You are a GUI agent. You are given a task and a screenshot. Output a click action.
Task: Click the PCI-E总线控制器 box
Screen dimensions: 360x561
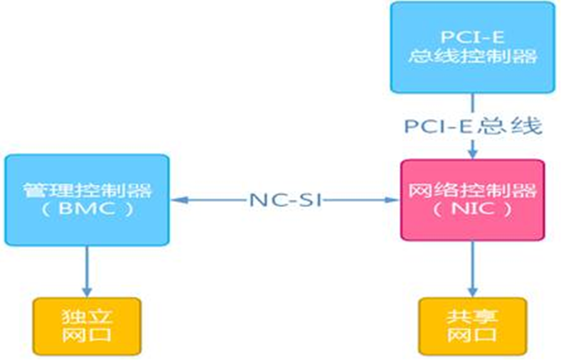tap(473, 47)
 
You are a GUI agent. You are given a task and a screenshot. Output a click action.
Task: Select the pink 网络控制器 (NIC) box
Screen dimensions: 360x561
tap(472, 199)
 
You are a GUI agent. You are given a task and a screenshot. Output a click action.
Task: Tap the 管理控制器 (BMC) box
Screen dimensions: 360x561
tap(87, 199)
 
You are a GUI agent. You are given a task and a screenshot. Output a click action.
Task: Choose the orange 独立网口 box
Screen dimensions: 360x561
tap(87, 325)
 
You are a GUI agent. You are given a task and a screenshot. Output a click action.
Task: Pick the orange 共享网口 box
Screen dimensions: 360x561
tap(473, 325)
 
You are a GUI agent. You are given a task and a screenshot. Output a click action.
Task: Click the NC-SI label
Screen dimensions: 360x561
tap(286, 200)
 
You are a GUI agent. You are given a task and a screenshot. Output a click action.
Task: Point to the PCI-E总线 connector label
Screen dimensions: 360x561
tap(473, 127)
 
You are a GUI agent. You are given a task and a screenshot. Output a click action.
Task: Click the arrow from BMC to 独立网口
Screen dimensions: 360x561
tap(87, 270)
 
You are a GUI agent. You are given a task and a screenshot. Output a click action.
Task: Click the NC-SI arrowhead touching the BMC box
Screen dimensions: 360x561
tap(176, 200)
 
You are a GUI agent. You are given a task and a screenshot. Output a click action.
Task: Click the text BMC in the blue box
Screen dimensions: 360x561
tap(87, 209)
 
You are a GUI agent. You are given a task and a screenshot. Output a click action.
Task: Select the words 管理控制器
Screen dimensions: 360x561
tap(87, 190)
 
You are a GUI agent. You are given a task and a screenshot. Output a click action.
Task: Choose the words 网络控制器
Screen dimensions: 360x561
tap(472, 190)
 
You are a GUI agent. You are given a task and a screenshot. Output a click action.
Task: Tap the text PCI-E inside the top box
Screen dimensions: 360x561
tap(473, 36)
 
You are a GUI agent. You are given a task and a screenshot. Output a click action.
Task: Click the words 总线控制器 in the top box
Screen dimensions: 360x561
tap(473, 56)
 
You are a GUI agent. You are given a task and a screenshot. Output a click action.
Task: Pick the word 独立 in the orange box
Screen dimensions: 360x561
tap(87, 315)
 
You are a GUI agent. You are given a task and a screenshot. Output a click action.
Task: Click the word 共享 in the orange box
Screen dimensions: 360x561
tap(473, 315)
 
